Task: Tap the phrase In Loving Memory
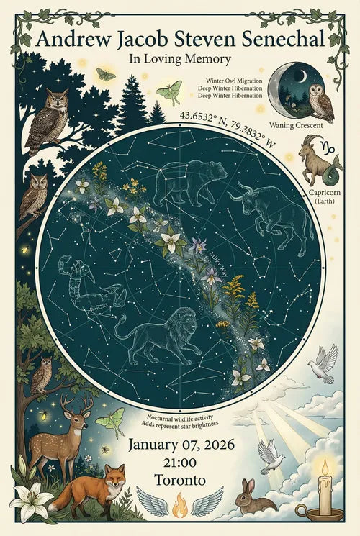180,59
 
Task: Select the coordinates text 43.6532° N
205,115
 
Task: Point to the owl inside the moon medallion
321,102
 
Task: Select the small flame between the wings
179,507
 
